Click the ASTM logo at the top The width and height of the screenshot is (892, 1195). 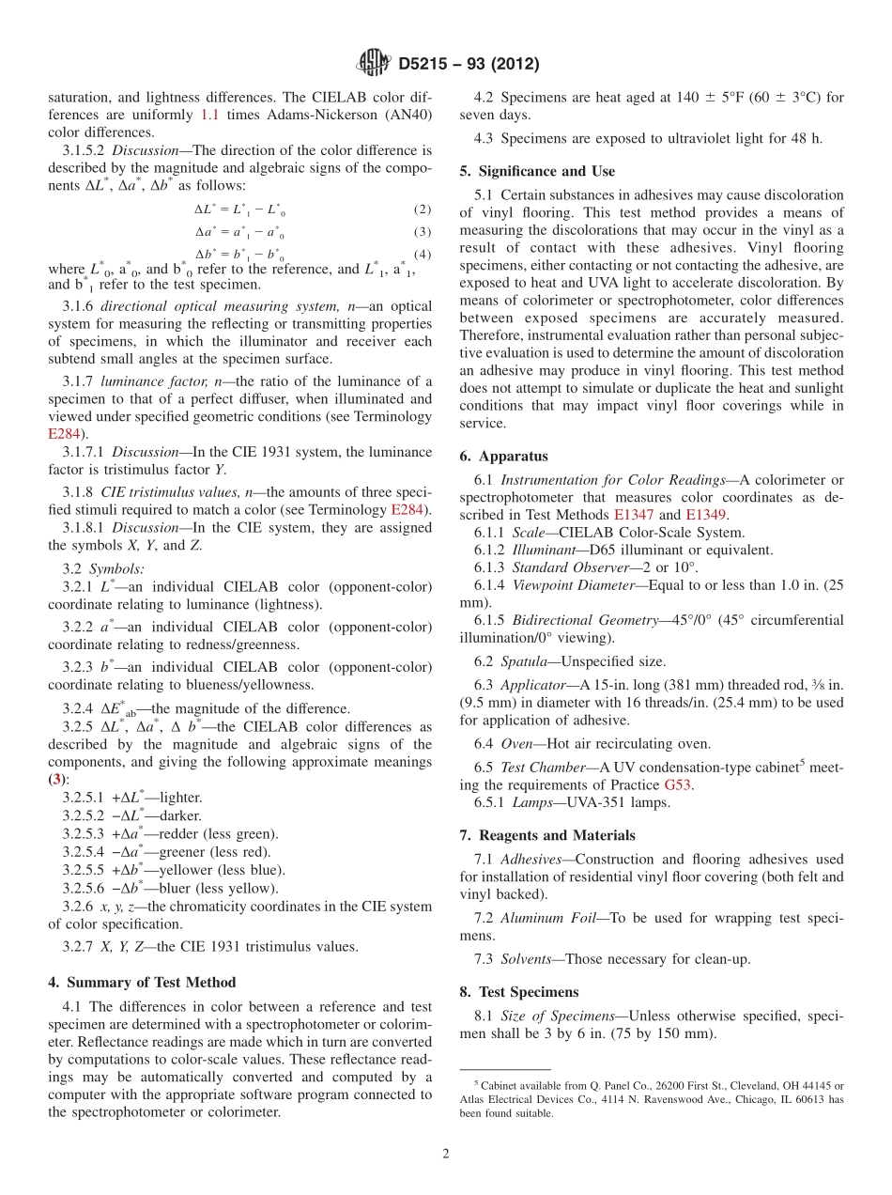pyautogui.click(x=374, y=65)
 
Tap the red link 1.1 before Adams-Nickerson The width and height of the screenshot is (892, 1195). pyautogui.click(x=210, y=114)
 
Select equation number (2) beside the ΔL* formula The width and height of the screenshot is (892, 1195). pyautogui.click(x=423, y=209)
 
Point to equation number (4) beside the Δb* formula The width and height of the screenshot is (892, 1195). pyautogui.click(x=423, y=254)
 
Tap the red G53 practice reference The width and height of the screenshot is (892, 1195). pyautogui.click(x=679, y=784)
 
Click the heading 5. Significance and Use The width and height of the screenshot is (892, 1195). pyautogui.click(x=537, y=171)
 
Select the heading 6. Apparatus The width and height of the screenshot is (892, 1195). pyautogui.click(x=503, y=457)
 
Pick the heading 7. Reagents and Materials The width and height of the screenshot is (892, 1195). pyautogui.click(x=546, y=835)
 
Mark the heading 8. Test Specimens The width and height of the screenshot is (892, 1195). pyautogui.click(x=518, y=992)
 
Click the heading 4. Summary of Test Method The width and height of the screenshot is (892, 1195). pyautogui.click(x=142, y=983)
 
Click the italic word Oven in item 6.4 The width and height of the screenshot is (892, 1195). pyautogui.click(x=518, y=744)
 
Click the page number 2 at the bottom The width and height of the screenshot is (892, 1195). pyautogui.click(x=446, y=1154)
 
